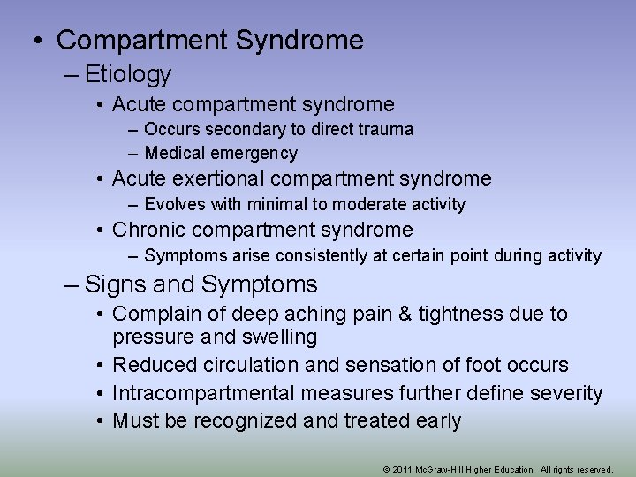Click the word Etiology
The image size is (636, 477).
(x=128, y=75)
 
